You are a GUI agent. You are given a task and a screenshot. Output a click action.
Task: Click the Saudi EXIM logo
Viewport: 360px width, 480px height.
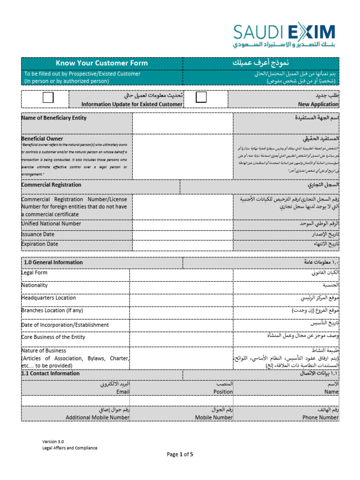[x=285, y=36]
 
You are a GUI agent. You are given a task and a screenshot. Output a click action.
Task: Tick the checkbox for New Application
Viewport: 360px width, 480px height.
[x=201, y=97]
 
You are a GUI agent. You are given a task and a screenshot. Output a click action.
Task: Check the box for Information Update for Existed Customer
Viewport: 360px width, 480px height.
[x=48, y=97]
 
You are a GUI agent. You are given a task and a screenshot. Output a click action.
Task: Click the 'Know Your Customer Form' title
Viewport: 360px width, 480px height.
[x=102, y=63]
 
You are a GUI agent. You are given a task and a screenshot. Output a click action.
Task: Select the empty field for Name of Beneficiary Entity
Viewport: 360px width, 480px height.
[x=182, y=123]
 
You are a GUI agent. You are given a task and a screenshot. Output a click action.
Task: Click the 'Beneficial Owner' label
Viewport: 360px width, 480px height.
[x=42, y=139]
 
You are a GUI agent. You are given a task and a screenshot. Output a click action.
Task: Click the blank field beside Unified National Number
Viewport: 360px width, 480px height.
[x=182, y=224]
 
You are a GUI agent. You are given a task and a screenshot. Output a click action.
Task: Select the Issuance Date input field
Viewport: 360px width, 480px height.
[x=182, y=234]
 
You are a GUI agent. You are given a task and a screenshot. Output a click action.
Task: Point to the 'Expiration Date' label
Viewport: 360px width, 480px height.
[x=40, y=244]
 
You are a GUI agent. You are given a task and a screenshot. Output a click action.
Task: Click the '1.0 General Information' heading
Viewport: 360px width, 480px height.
[x=53, y=262]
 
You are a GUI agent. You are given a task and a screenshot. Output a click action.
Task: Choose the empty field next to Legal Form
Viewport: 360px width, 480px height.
[x=181, y=274]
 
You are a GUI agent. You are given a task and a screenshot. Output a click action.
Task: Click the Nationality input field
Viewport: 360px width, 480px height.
[x=181, y=287]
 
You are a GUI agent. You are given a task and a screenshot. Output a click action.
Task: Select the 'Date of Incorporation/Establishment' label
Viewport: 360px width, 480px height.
[x=65, y=325]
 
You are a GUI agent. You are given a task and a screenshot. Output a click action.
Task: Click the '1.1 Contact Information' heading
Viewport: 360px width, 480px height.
[x=51, y=374]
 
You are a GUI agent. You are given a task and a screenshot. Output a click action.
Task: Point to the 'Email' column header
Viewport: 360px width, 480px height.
[x=123, y=392]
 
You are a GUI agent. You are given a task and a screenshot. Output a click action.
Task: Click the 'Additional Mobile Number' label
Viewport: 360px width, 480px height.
[x=97, y=417]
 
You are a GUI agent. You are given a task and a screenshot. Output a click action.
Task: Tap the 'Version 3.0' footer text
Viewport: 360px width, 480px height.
[x=53, y=441]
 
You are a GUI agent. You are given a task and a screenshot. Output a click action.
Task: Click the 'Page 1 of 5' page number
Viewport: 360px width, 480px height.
[x=180, y=454]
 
